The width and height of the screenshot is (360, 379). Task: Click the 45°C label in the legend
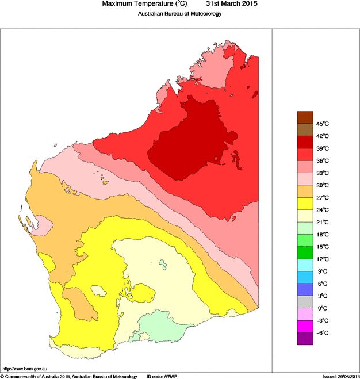coord(322,124)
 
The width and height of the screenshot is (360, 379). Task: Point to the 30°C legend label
coord(322,185)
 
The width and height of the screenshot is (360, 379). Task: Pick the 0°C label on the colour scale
coord(322,308)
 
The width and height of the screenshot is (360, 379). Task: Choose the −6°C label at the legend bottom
coord(322,333)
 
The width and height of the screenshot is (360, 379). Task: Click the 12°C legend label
coord(322,259)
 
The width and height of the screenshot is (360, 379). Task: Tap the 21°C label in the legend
coord(322,222)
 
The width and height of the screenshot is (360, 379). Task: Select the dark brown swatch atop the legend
coord(305,117)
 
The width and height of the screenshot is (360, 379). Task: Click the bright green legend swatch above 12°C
coord(305,252)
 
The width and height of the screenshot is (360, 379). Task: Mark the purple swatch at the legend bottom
coord(305,339)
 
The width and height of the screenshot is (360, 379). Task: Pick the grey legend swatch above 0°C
coord(305,302)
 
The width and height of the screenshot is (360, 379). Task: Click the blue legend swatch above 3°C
coord(305,289)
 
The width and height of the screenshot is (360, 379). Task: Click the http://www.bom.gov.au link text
coord(24,368)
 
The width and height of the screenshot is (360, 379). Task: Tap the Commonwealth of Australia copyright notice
coord(69,376)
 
